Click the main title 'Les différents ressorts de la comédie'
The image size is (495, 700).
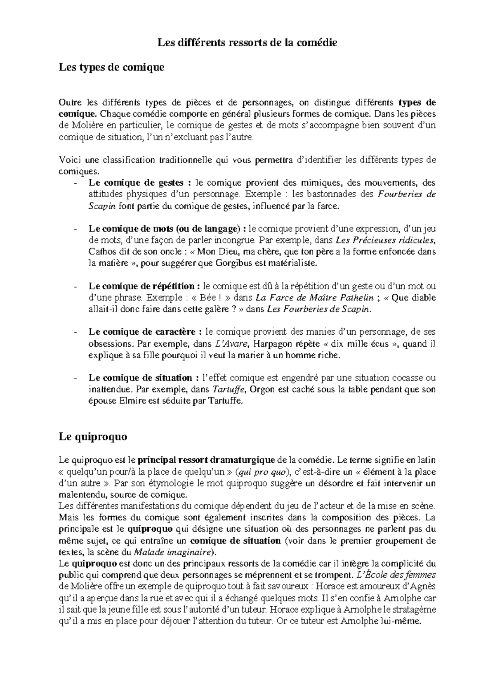coord(247,43)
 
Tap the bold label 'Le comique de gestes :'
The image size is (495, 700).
coord(140,183)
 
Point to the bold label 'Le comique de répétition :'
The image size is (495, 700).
coord(145,286)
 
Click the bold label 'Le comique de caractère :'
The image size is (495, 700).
coord(145,332)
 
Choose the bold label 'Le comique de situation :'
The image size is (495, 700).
coord(141,378)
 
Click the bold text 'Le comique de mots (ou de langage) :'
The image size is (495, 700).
coord(167,229)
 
